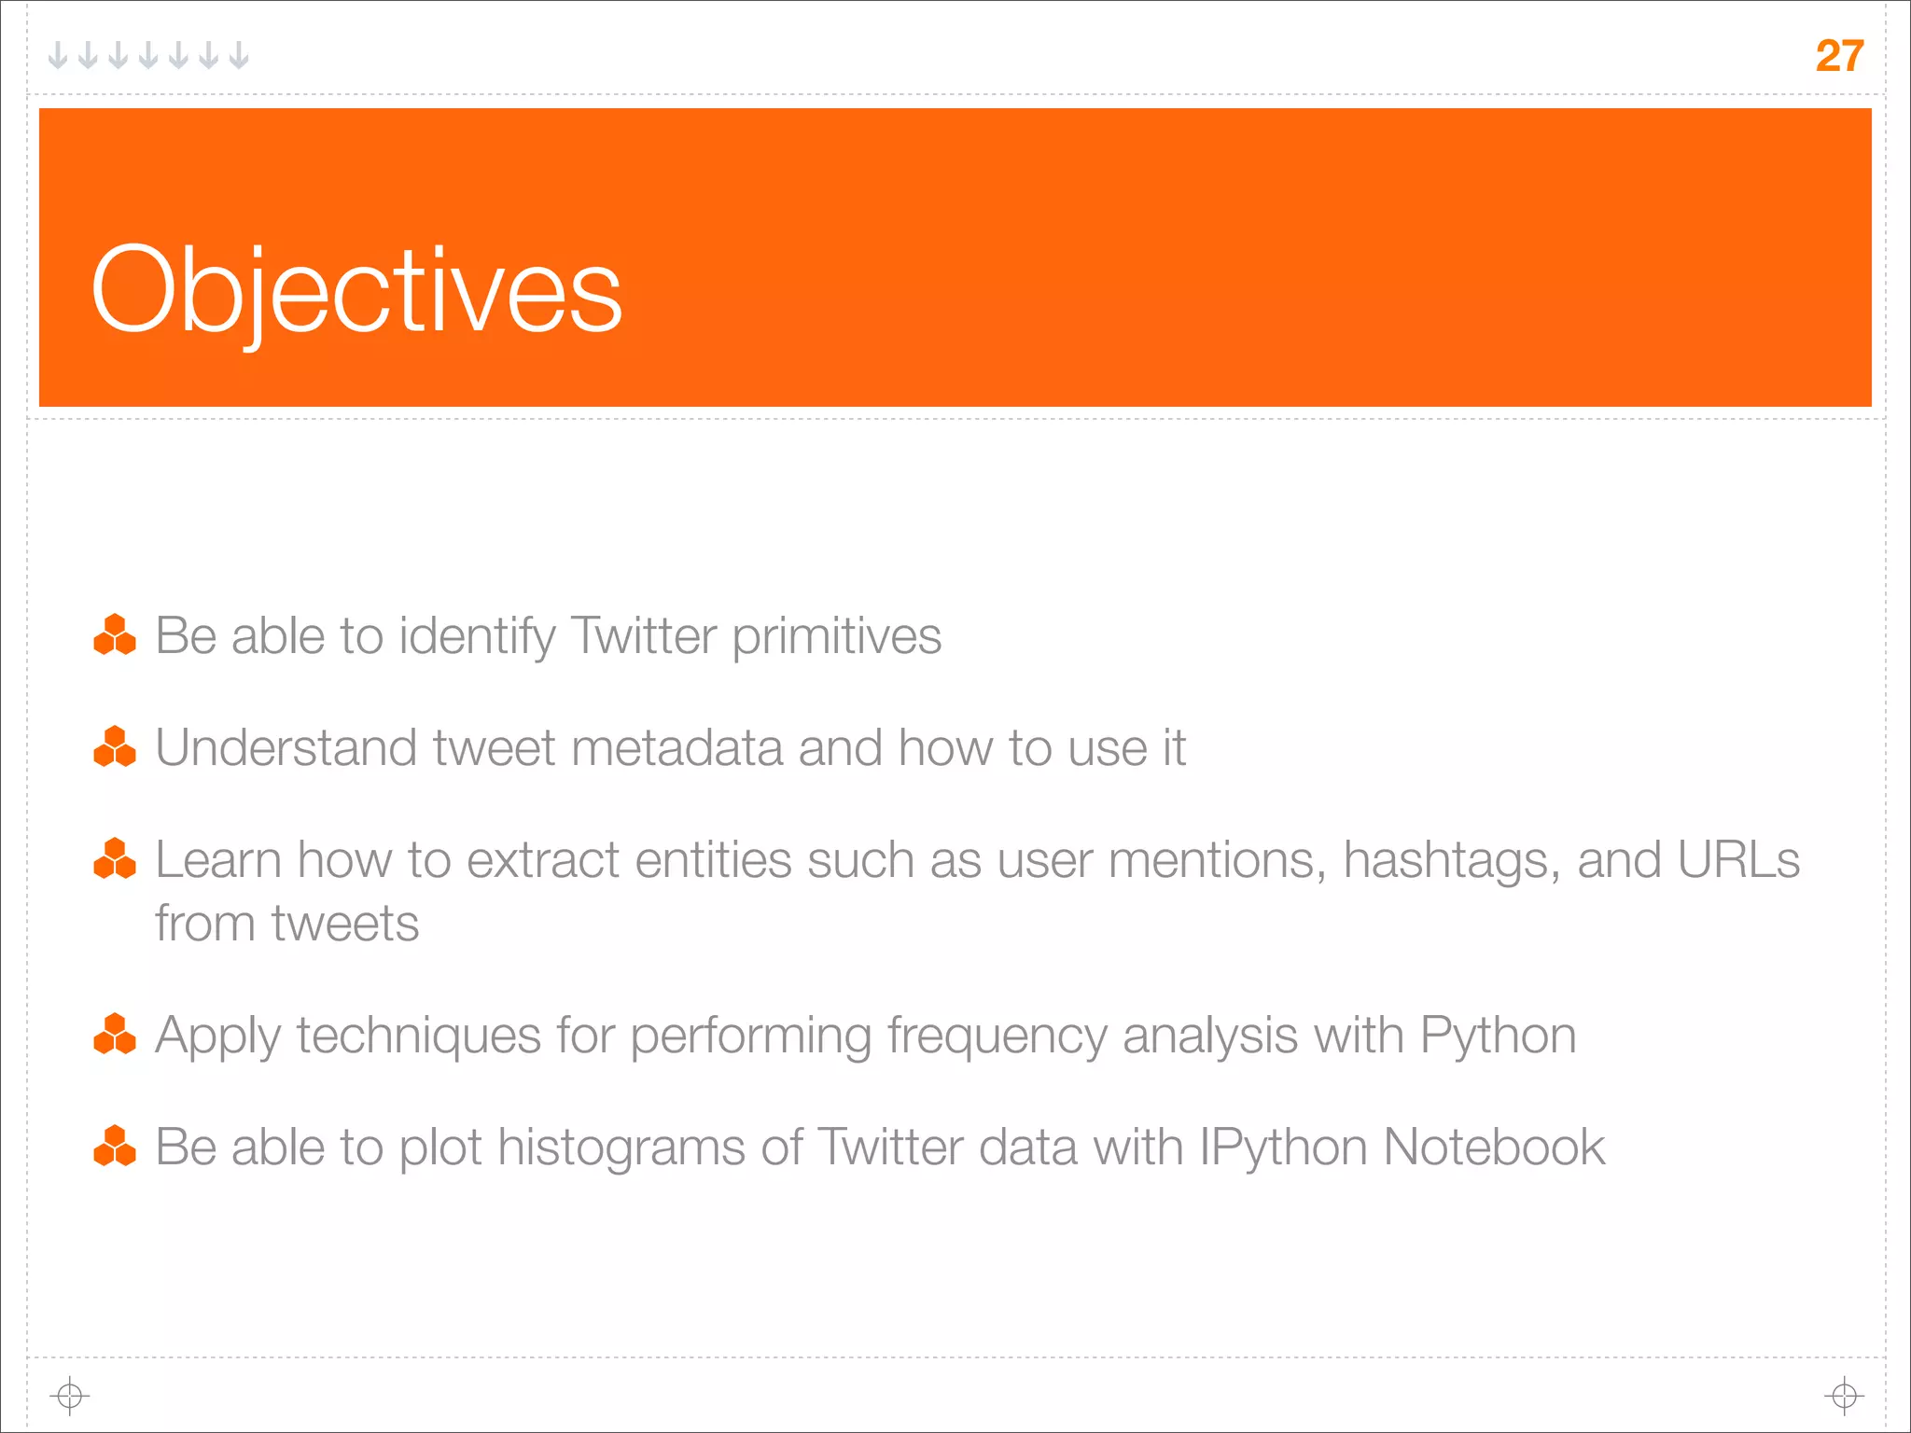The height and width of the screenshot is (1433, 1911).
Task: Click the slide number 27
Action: (1839, 56)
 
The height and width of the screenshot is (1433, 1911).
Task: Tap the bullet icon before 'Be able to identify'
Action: (115, 635)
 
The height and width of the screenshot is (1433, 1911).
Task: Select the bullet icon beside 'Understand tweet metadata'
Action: (115, 747)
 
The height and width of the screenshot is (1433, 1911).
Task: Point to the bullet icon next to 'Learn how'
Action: (115, 859)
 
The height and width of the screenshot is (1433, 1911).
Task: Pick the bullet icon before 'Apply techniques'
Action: (115, 1035)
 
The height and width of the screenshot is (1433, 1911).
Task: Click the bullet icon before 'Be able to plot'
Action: (115, 1147)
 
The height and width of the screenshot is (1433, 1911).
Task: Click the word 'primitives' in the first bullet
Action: (836, 637)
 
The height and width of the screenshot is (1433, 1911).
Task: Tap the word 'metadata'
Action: (677, 748)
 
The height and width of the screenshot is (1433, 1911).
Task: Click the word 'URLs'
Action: (1738, 860)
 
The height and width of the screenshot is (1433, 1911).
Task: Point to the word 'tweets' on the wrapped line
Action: (345, 925)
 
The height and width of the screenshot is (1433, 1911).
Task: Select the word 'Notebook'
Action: (1494, 1148)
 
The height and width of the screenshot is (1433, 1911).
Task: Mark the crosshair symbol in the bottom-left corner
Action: (70, 1396)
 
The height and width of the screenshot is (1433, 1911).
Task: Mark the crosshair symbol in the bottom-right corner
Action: (1844, 1396)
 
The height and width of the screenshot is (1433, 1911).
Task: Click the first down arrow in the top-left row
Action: (58, 56)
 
